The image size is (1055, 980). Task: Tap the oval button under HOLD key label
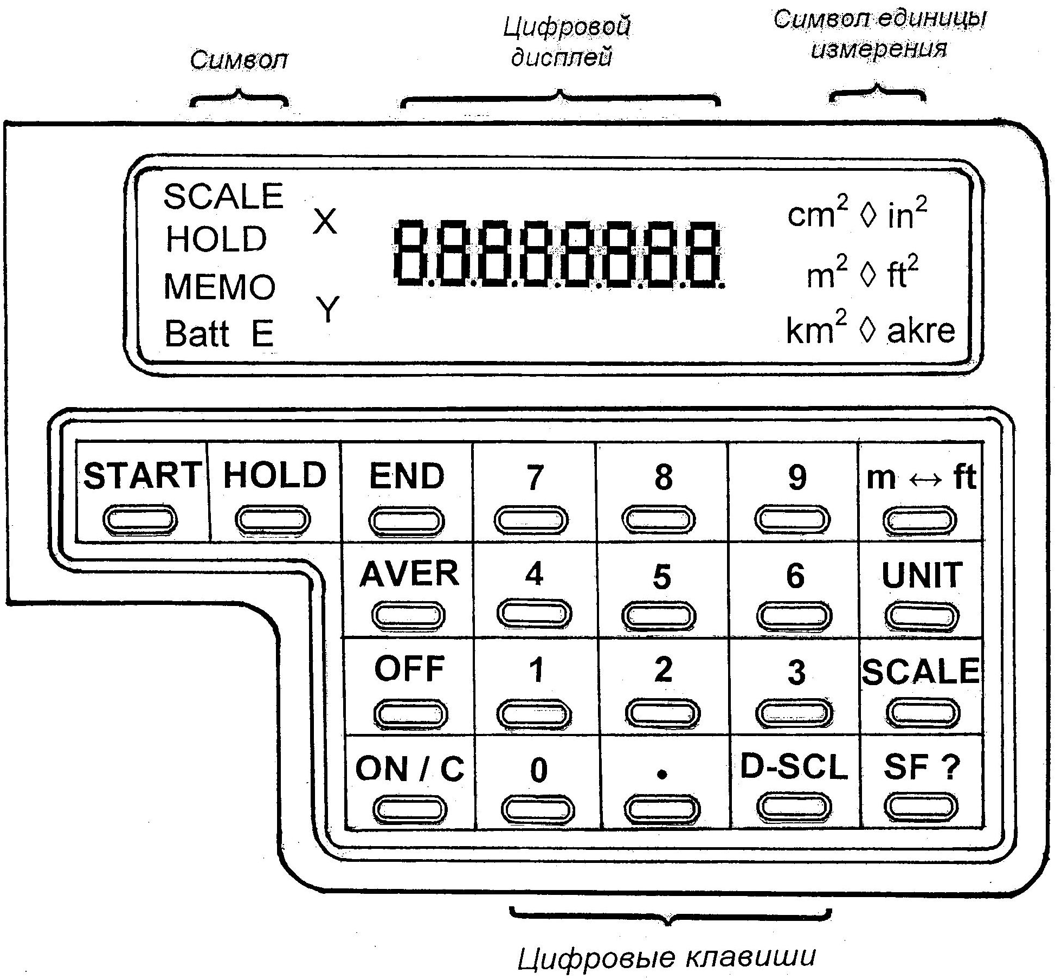pyautogui.click(x=273, y=519)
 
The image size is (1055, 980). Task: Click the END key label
pyautogui.click(x=407, y=476)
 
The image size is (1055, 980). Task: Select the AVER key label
pyautogui.click(x=409, y=573)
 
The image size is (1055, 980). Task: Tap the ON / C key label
pyautogui.click(x=410, y=769)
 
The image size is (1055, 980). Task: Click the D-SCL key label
pyautogui.click(x=794, y=767)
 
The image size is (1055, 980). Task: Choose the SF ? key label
pyautogui.click(x=922, y=767)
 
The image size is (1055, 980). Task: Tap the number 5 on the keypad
pyautogui.click(x=662, y=577)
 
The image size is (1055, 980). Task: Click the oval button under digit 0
pyautogui.click(x=538, y=809)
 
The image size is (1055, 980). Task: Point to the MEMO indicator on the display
pyautogui.click(x=220, y=286)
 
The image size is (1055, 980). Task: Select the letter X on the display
pyautogui.click(x=325, y=222)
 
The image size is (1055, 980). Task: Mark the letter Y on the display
pyautogui.click(x=327, y=309)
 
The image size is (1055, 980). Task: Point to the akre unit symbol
pyautogui.click(x=921, y=331)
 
